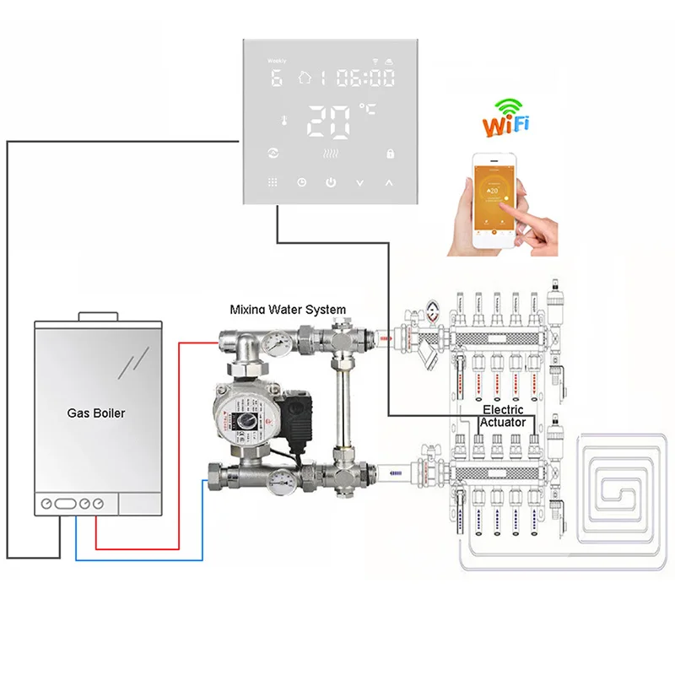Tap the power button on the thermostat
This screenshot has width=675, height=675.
pyautogui.click(x=332, y=182)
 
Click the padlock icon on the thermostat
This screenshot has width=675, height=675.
pyautogui.click(x=390, y=154)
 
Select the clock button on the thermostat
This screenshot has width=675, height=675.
pyautogui.click(x=302, y=182)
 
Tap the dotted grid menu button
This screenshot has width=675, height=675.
pyautogui.click(x=273, y=182)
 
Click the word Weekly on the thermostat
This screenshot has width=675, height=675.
pyautogui.click(x=277, y=62)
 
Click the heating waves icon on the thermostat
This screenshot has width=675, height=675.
pyautogui.click(x=331, y=154)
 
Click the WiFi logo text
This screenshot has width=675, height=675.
pyautogui.click(x=506, y=124)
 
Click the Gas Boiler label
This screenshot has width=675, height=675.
pyautogui.click(x=96, y=414)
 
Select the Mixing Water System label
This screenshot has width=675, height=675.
pyautogui.click(x=288, y=310)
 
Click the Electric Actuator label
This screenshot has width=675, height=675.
pyautogui.click(x=503, y=415)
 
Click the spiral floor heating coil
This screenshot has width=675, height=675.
pyautogui.click(x=624, y=489)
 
